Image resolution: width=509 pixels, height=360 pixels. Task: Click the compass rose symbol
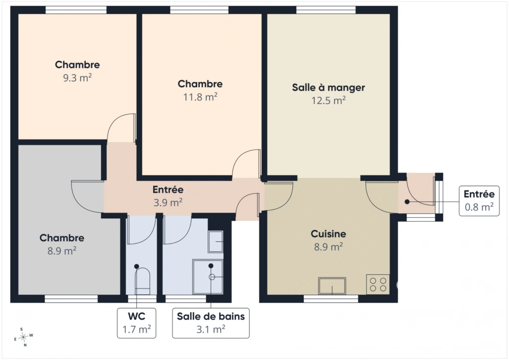(23, 338)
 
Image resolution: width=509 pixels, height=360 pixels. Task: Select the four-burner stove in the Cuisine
(378, 284)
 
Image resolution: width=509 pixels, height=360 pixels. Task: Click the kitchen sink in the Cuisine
(332, 286)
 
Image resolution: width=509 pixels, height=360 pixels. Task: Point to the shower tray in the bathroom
(208, 276)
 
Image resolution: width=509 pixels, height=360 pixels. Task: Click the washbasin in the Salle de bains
(216, 242)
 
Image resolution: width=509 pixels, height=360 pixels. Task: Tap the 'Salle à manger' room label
(329, 88)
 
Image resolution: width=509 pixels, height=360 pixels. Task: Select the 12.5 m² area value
(329, 100)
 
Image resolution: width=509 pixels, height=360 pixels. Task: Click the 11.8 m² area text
(200, 97)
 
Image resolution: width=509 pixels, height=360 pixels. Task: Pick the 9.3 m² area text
(77, 78)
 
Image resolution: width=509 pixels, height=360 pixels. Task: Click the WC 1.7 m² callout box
(137, 323)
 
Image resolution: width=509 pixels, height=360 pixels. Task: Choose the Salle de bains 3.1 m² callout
(211, 323)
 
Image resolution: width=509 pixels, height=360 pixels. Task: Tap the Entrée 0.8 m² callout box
(479, 201)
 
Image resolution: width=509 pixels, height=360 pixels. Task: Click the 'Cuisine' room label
(329, 234)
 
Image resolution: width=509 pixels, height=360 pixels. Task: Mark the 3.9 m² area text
(168, 203)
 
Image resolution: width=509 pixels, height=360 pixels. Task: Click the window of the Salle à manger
(326, 10)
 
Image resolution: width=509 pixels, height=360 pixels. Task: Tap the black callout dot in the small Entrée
(407, 201)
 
